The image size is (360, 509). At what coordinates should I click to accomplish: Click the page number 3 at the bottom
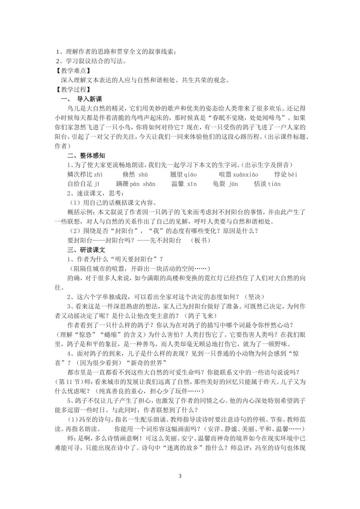click(180, 475)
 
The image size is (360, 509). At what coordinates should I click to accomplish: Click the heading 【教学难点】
click(72, 70)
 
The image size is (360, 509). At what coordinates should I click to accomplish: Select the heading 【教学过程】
click(72, 89)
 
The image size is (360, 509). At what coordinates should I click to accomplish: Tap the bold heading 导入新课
click(89, 99)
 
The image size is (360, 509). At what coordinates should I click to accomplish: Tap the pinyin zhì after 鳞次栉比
click(98, 175)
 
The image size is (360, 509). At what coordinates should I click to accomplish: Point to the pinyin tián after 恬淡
click(274, 184)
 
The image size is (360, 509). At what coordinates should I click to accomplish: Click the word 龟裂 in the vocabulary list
click(219, 184)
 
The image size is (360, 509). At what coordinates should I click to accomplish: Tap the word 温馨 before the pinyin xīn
click(177, 184)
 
